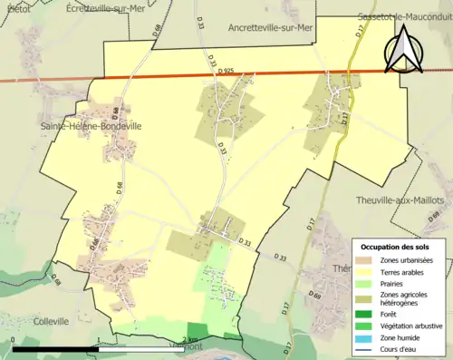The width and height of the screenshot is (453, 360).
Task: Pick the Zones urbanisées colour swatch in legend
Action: pyautogui.click(x=365, y=260)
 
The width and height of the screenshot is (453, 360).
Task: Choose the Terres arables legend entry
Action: pyautogui.click(x=405, y=270)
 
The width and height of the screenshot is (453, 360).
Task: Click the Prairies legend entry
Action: pyautogui.click(x=396, y=282)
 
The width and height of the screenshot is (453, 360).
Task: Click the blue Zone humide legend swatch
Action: pyautogui.click(x=365, y=336)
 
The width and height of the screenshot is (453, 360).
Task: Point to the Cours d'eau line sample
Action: pyautogui.click(x=365, y=347)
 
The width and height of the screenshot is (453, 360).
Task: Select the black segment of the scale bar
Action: pyautogui.click(x=55, y=349)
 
